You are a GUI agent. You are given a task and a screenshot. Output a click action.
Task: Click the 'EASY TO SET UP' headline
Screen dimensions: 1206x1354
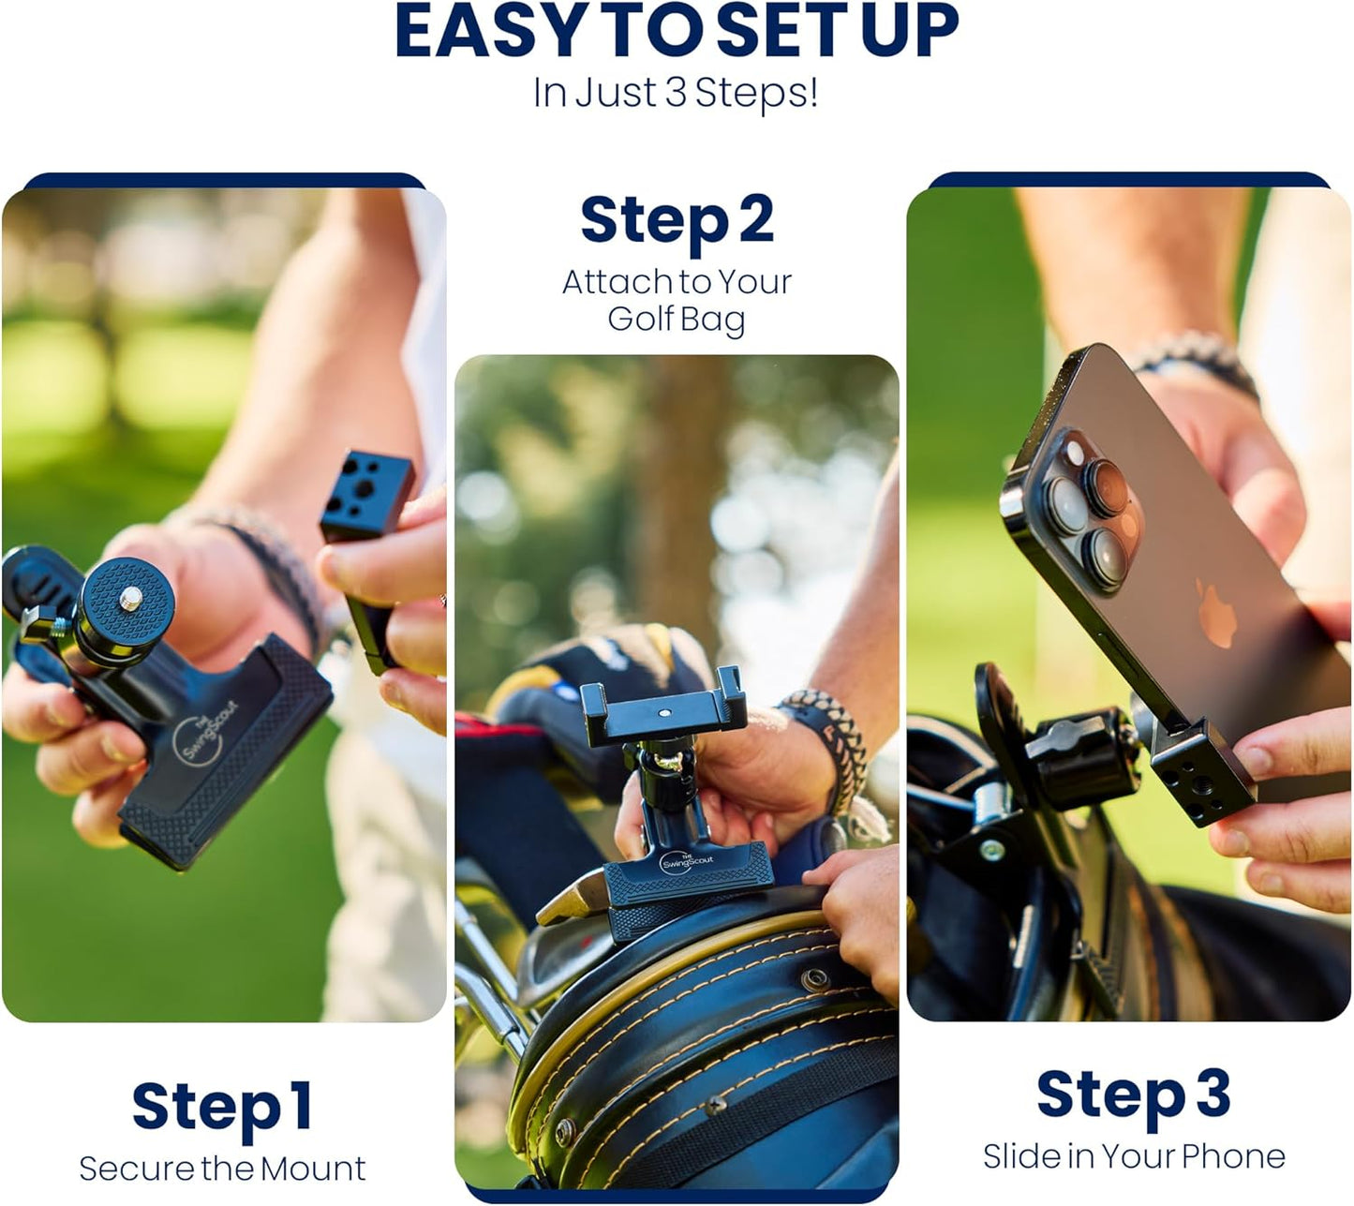[677, 33]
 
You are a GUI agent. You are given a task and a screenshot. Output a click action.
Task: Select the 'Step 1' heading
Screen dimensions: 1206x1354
[222, 1108]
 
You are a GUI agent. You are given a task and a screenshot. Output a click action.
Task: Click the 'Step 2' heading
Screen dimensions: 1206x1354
[677, 221]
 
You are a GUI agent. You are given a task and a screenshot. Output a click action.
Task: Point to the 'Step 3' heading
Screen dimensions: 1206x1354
[1133, 1094]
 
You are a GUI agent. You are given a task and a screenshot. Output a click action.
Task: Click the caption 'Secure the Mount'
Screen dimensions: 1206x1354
[222, 1169]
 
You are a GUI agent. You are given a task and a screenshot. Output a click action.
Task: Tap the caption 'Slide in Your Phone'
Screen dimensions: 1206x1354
[1133, 1156]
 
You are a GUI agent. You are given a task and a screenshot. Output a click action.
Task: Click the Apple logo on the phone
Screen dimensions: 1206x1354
[1216, 614]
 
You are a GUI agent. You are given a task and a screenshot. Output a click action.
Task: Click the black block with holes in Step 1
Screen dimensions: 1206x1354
[367, 497]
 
